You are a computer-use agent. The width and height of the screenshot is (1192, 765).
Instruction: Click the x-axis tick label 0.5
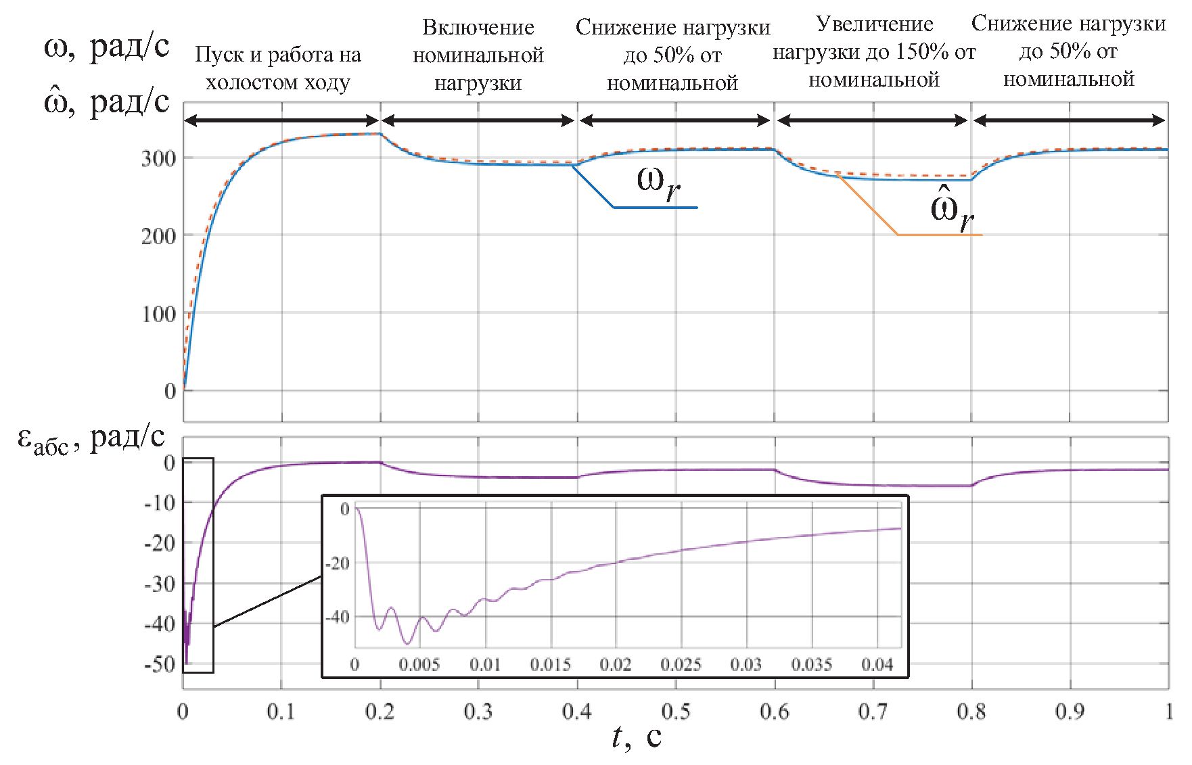(675, 712)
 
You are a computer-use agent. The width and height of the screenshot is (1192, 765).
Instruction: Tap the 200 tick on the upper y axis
(158, 236)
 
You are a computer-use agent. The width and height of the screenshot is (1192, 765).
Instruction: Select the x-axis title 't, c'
(636, 737)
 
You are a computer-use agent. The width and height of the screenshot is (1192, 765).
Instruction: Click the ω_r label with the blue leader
(658, 183)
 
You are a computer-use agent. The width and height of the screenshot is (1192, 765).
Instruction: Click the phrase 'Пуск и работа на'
(278, 55)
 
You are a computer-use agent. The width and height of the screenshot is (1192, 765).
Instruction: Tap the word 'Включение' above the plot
(478, 27)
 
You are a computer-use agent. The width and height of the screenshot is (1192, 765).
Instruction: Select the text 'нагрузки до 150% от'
(874, 52)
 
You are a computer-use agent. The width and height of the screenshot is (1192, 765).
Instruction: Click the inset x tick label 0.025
(681, 664)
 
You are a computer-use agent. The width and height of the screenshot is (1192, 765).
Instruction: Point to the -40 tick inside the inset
(337, 616)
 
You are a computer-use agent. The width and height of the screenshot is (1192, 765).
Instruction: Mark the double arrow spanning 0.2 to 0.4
(478, 121)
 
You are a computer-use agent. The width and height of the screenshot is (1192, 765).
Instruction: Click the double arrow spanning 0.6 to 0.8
(873, 121)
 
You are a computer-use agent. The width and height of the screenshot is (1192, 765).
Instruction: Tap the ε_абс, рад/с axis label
(91, 438)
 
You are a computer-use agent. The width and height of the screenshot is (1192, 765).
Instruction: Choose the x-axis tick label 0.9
(1070, 712)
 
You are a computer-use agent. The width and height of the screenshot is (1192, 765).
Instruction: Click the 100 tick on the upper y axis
(158, 314)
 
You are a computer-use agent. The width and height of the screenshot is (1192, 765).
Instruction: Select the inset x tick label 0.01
(485, 664)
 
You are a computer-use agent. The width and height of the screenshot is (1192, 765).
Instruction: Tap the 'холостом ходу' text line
(278, 83)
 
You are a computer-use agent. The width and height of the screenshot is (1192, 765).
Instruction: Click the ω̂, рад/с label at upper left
(106, 103)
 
